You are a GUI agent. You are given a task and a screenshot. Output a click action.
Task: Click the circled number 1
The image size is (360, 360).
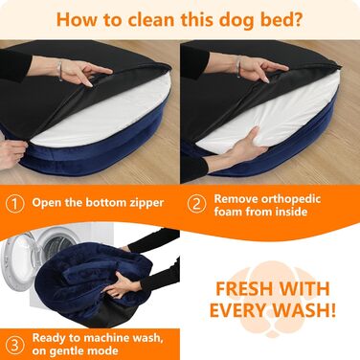click(x=15, y=204)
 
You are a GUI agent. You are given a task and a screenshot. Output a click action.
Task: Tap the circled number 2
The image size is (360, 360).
click(x=196, y=204)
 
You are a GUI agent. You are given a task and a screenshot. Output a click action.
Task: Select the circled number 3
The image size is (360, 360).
click(x=15, y=346)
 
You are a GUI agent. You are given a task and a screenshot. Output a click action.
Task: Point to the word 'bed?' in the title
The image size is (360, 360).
click(x=281, y=20)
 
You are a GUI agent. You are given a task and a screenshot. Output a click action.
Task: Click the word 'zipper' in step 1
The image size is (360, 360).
click(x=146, y=203)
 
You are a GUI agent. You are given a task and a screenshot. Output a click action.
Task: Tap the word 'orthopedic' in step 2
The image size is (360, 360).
click(x=290, y=199)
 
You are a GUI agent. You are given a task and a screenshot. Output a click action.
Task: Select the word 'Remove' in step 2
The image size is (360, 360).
click(x=236, y=199)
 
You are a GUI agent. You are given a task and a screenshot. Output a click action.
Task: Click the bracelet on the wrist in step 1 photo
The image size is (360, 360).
click(x=59, y=71)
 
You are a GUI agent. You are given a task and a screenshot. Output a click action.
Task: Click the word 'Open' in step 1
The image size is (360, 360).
click(x=47, y=203)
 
